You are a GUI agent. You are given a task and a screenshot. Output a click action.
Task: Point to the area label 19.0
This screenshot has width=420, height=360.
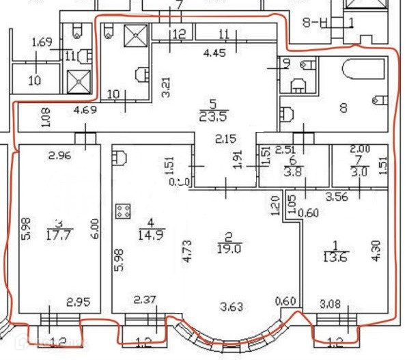click(x=229, y=249)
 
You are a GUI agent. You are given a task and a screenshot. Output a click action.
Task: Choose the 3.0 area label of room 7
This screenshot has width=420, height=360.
click(x=359, y=174)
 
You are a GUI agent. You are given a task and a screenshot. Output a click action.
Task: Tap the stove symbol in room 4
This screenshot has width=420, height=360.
click(x=124, y=211)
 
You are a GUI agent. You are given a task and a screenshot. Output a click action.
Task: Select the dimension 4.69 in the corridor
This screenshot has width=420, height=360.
click(x=85, y=109)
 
